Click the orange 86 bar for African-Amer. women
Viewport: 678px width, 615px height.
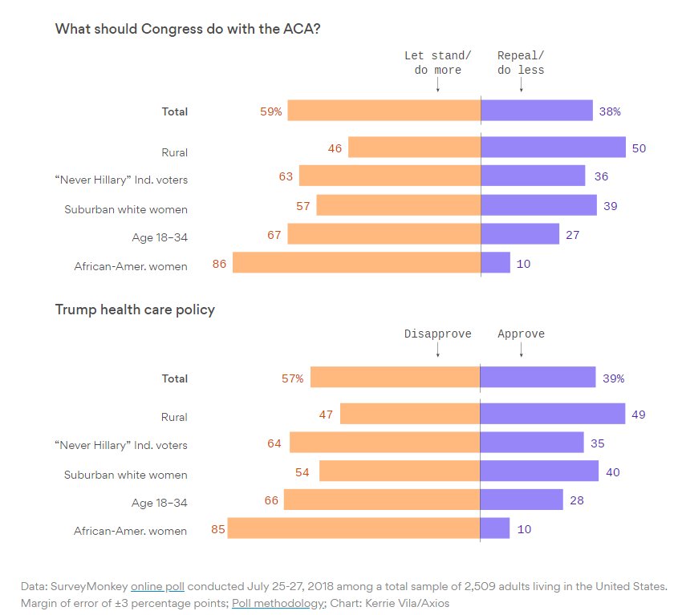point(356,262)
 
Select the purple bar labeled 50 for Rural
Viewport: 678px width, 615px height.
point(553,148)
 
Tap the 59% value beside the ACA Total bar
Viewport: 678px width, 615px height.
point(271,111)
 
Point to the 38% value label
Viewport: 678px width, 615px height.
point(611,111)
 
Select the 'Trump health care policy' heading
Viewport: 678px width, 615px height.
point(135,310)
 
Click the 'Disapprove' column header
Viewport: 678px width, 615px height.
point(437,334)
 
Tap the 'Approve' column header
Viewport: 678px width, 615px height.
point(521,334)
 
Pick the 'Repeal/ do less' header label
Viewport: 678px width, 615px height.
point(521,63)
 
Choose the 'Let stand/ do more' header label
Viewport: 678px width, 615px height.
point(437,63)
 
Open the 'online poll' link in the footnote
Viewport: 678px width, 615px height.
point(158,585)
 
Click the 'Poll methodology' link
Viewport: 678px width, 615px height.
point(278,602)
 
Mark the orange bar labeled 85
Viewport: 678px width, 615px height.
point(354,528)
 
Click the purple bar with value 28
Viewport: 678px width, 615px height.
point(522,500)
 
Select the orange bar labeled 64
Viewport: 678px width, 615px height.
point(384,443)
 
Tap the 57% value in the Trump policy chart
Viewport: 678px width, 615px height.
point(292,378)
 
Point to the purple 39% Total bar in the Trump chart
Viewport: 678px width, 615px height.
point(538,378)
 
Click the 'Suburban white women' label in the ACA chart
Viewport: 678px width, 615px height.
point(126,209)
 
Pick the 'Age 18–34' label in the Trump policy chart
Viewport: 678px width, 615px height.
point(160,503)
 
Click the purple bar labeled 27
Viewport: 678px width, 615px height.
point(520,234)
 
